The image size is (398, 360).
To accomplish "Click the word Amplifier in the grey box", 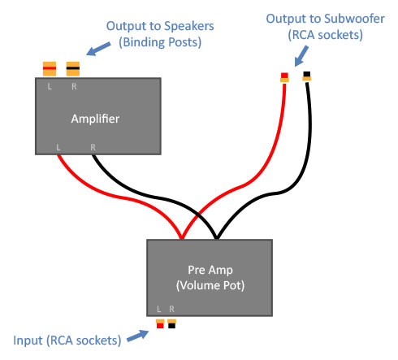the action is point(95,119).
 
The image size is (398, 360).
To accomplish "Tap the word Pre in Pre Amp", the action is point(196,270).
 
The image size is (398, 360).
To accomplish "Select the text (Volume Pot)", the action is point(210,285).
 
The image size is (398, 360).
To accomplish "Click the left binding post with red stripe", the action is point(50,69).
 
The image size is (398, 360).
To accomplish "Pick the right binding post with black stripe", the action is point(73,69).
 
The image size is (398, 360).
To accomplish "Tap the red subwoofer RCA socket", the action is point(284,77).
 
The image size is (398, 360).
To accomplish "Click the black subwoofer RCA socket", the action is point(307,76).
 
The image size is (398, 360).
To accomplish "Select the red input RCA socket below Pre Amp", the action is point(160,324).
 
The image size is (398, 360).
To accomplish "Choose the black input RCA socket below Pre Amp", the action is point(171,324).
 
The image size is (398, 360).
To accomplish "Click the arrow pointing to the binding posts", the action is point(98,49).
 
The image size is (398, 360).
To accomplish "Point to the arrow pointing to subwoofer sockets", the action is point(301,56).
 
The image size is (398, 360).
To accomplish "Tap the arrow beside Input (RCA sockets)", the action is point(138,336).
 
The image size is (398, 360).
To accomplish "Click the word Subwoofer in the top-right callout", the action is point(354,19).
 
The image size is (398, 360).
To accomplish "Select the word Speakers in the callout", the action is point(189,26).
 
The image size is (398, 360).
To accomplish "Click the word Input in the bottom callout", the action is point(28,340).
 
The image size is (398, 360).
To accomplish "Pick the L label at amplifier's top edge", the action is point(50,86).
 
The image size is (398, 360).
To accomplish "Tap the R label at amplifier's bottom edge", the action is point(93,147).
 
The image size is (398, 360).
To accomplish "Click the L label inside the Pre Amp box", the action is point(159,309).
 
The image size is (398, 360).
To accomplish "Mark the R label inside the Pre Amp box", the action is point(171,309).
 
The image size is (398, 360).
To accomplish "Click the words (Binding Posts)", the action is point(160,42).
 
